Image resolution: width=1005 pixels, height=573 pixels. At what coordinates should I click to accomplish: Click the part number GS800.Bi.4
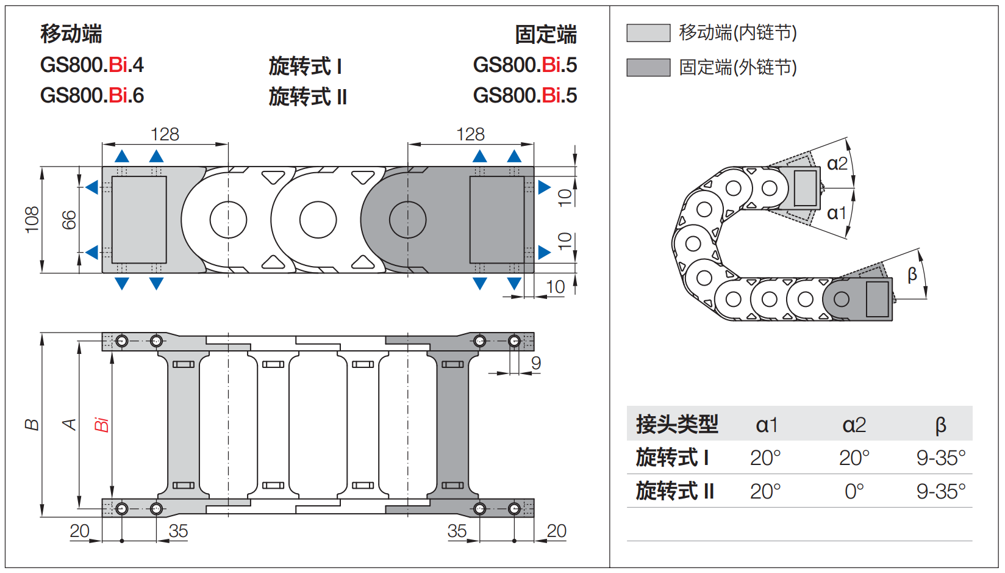click(x=91, y=65)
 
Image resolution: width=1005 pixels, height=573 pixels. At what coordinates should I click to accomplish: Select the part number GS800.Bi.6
click(x=91, y=96)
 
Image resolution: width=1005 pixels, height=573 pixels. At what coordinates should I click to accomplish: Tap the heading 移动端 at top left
click(x=71, y=34)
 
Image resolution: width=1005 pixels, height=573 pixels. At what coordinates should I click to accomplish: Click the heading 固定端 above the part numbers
click(x=545, y=35)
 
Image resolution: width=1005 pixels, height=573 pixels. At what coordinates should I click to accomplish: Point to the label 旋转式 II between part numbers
click(x=307, y=97)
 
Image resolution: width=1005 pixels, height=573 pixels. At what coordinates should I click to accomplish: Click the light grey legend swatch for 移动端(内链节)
click(x=648, y=33)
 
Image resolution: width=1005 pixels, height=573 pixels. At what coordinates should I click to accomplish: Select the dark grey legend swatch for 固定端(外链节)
click(x=648, y=68)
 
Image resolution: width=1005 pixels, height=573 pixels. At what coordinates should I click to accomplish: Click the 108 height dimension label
click(x=32, y=220)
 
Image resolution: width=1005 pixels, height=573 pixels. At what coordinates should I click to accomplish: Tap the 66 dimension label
click(x=69, y=220)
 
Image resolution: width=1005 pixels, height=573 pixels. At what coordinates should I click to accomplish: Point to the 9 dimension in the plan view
click(x=535, y=363)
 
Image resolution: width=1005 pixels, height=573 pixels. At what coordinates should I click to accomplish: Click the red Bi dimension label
click(x=101, y=425)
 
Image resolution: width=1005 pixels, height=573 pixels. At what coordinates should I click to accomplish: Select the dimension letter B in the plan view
click(x=32, y=425)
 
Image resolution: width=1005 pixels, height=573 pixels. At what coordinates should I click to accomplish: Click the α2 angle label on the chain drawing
click(x=837, y=164)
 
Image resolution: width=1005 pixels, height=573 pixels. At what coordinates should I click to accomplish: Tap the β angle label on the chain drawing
click(x=912, y=275)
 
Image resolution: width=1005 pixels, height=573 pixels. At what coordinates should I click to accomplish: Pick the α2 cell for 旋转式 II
click(x=854, y=491)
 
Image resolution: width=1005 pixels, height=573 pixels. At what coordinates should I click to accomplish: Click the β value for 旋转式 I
click(x=940, y=458)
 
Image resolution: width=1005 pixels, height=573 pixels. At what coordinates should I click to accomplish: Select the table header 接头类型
click(x=677, y=424)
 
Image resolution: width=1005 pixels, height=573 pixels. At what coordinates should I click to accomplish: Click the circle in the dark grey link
click(x=407, y=220)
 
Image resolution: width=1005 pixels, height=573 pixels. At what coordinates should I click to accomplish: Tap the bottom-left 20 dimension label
click(x=79, y=531)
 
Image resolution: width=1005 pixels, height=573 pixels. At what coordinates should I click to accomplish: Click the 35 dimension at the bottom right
click(x=457, y=531)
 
